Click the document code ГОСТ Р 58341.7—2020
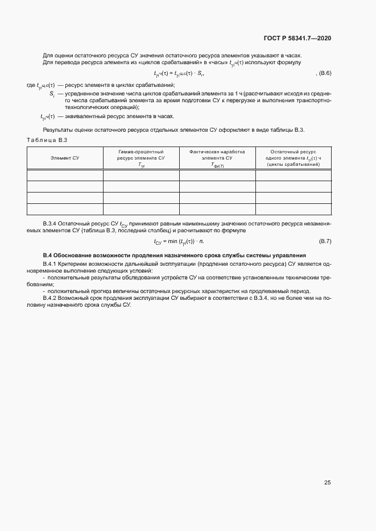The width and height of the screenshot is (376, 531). pos(298,38)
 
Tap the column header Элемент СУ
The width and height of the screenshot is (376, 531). pos(65,158)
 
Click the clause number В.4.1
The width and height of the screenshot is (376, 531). pos(52,264)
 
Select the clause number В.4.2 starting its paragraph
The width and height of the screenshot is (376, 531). pos(52,298)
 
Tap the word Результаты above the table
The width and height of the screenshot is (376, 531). pos(57,130)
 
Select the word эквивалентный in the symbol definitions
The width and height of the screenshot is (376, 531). pos(83,116)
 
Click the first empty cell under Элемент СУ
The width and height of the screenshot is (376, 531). pos(65,175)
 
